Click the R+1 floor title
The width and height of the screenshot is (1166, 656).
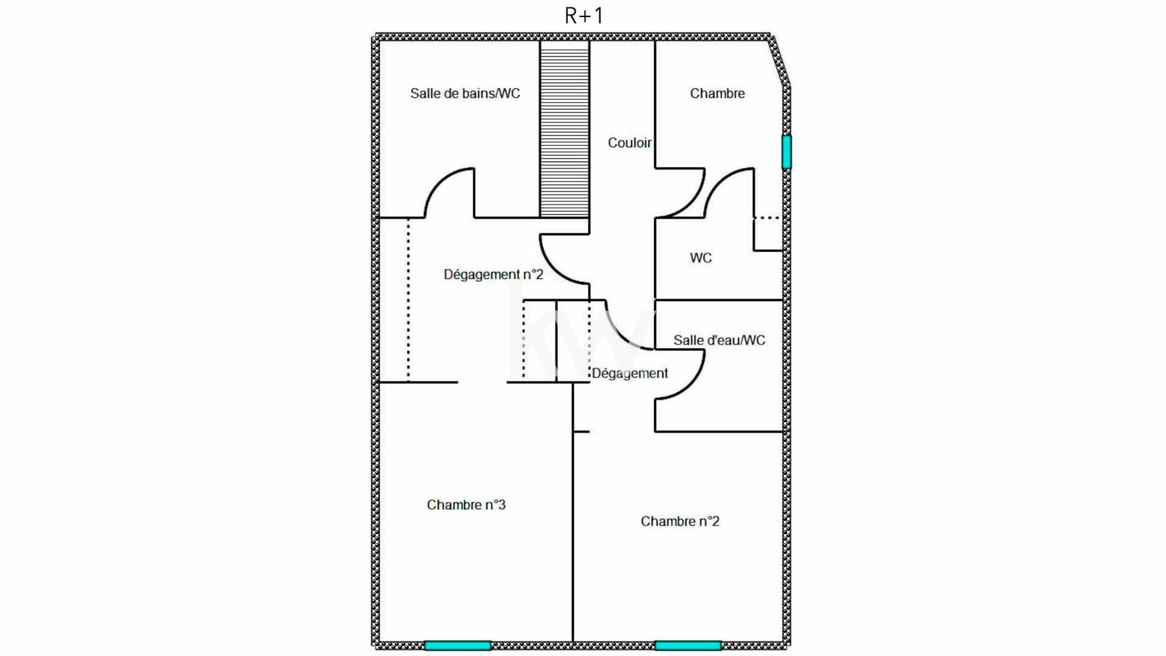click(x=584, y=16)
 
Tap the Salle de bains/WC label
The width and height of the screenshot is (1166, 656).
click(x=465, y=94)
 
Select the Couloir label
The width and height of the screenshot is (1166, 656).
click(x=630, y=143)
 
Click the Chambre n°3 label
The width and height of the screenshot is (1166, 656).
click(x=466, y=505)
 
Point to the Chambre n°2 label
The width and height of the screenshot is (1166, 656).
click(x=680, y=521)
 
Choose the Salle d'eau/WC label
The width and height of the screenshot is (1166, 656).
click(x=719, y=340)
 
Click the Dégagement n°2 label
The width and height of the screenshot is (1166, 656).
click(x=493, y=275)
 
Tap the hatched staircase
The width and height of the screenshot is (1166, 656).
click(x=565, y=129)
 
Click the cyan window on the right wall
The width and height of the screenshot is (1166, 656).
click(x=786, y=152)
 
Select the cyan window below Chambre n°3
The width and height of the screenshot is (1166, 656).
click(x=457, y=645)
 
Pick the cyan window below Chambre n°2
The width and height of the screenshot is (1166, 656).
click(x=688, y=645)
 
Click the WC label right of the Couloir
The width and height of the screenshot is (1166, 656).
click(x=701, y=258)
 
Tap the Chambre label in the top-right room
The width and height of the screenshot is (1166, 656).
click(x=717, y=94)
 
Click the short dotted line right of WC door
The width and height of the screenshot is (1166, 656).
click(x=766, y=217)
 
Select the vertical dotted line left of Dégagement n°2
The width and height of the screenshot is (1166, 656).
click(x=408, y=300)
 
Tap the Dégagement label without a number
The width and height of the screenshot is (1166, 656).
click(x=630, y=373)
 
